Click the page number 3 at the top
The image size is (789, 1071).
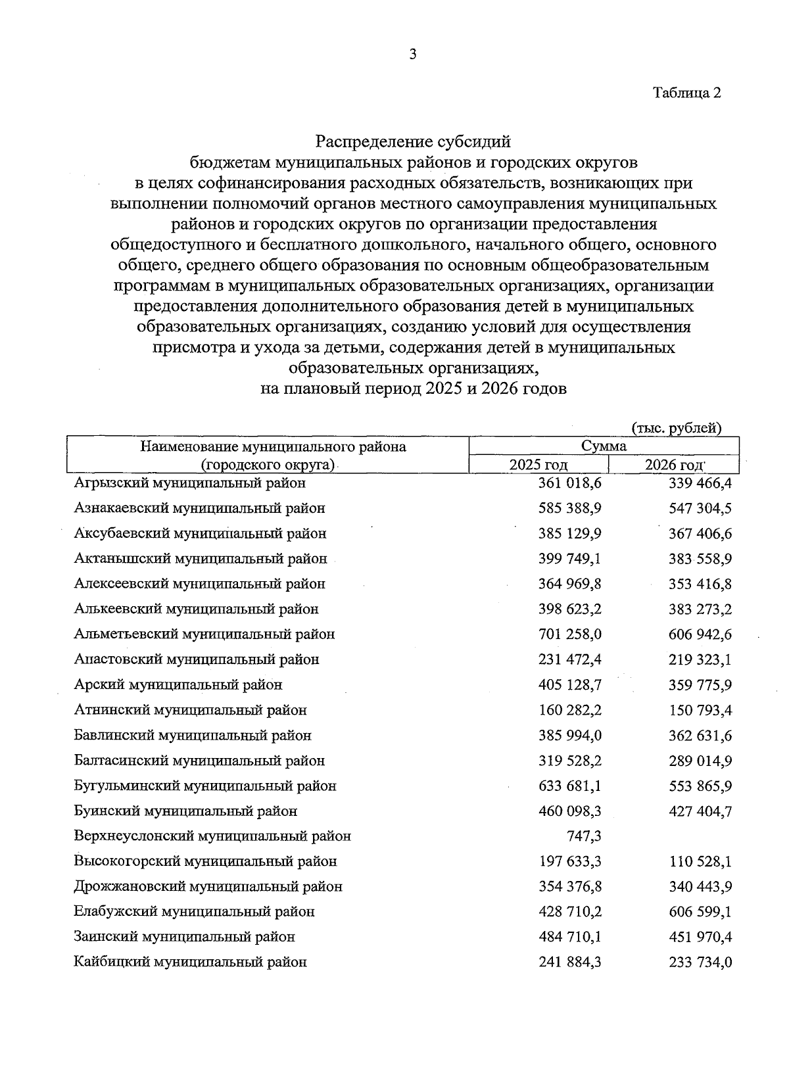[412, 55]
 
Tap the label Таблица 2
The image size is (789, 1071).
[687, 93]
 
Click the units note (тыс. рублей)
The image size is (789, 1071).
[677, 429]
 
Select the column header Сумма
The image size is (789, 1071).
[604, 446]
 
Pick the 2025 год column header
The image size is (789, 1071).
[538, 465]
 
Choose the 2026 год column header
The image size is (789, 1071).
[674, 465]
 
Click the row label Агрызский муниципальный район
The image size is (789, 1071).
[190, 483]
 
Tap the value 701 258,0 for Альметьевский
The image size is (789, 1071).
[569, 634]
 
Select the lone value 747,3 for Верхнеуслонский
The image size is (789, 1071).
[584, 836]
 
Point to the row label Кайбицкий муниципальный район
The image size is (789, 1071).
[191, 963]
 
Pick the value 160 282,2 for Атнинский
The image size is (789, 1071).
[569, 710]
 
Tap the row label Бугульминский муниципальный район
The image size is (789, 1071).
[205, 786]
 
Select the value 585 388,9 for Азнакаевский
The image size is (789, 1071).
[569, 508]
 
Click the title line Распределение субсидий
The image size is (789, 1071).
[413, 141]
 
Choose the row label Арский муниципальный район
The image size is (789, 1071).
[178, 685]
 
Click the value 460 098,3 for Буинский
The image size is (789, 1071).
[569, 811]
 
